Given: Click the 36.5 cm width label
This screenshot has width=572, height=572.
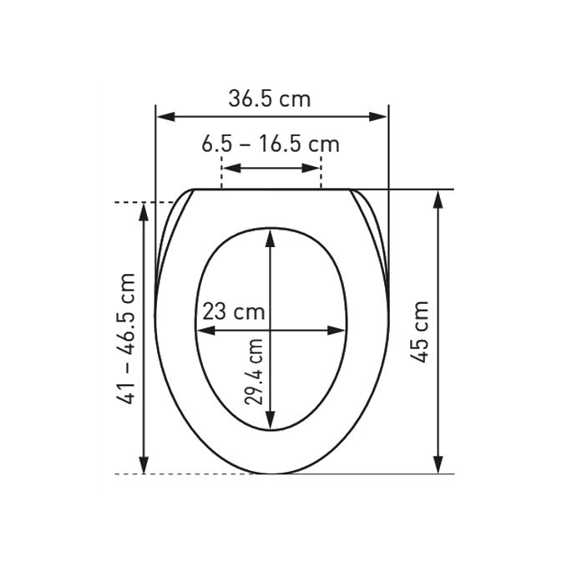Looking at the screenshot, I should click(x=270, y=99).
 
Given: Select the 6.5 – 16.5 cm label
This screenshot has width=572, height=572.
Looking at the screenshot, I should click(x=270, y=144).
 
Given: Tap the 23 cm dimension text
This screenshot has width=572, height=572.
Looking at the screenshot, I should click(x=233, y=312).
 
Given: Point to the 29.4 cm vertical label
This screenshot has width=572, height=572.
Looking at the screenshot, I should click(x=256, y=370).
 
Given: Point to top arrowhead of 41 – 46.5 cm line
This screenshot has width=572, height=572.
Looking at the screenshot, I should click(x=144, y=210).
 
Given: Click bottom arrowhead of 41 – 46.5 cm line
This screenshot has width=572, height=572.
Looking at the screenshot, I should click(x=144, y=467).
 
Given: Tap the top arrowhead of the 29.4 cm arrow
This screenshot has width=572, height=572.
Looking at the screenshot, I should click(x=270, y=235).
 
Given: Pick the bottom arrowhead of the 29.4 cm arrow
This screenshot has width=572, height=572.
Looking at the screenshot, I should click(x=270, y=424).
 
